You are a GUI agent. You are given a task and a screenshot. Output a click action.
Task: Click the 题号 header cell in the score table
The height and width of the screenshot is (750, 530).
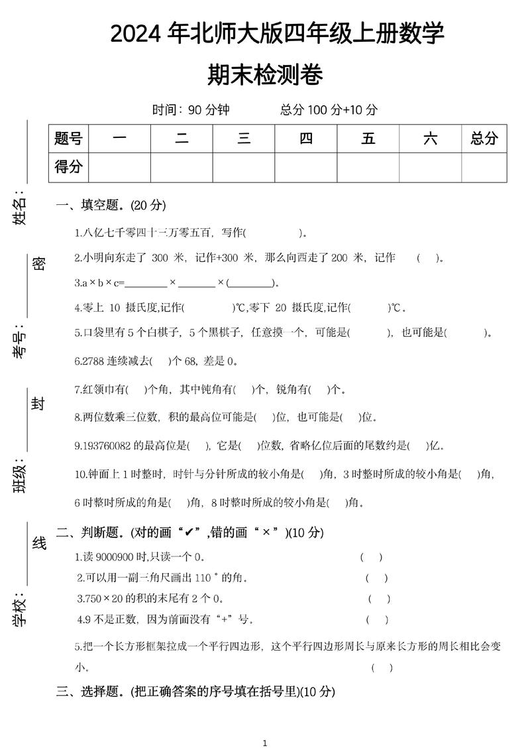pos(68,139)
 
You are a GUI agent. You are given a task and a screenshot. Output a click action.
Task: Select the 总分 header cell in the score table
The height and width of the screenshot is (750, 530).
pos(484,139)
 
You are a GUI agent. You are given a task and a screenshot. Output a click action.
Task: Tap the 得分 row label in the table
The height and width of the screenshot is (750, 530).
pos(68,167)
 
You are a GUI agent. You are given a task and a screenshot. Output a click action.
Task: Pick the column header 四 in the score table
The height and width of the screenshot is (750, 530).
pos(305,139)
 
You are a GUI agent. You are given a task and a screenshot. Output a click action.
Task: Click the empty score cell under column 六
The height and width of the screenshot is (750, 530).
pos(430,167)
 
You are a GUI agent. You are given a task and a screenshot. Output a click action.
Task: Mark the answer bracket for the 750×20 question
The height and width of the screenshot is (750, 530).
pos(379,599)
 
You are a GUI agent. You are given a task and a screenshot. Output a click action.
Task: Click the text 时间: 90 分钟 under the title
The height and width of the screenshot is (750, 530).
pos(191,110)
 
